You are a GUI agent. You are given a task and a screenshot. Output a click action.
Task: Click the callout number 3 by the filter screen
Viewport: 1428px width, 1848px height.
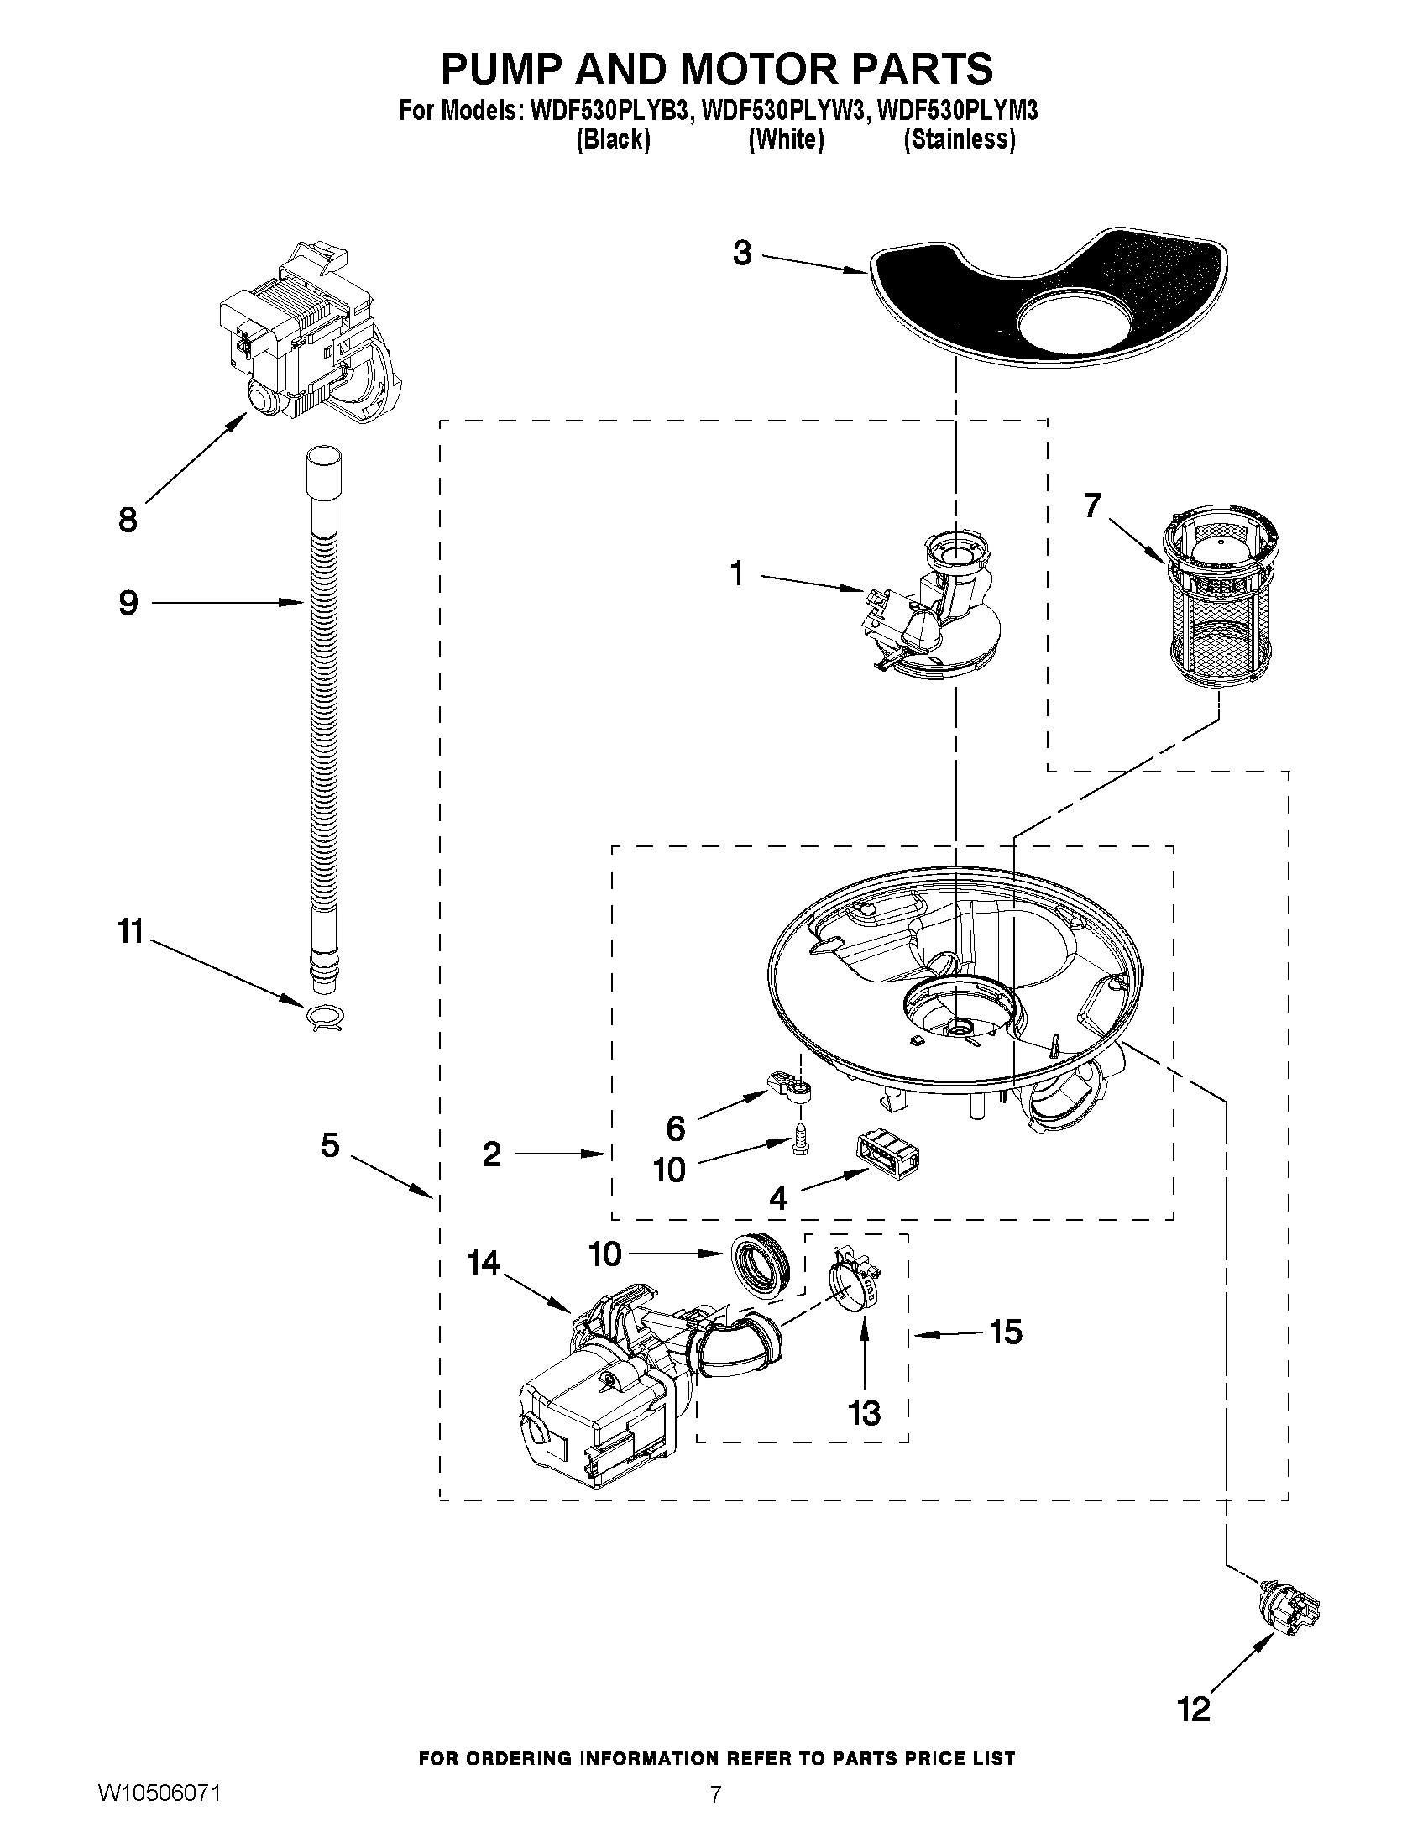click(742, 253)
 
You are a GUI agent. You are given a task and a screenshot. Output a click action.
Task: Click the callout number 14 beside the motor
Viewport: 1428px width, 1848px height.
click(484, 1264)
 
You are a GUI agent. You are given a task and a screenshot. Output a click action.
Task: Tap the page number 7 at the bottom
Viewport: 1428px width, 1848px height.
click(715, 1816)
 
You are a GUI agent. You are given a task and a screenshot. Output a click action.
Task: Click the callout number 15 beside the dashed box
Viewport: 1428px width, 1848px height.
click(1005, 1332)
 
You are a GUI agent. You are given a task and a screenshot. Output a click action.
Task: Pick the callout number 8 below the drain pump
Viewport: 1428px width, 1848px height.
click(128, 521)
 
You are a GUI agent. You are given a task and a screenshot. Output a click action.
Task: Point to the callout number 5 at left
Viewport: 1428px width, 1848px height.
click(330, 1146)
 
